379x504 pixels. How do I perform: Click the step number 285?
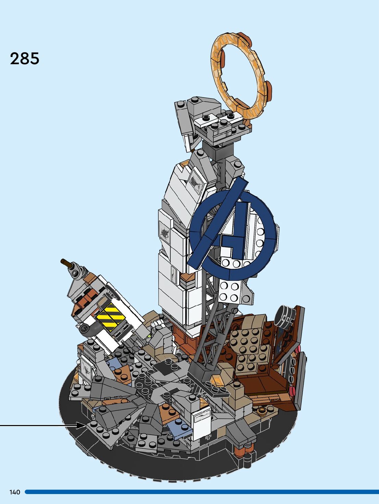point(25,59)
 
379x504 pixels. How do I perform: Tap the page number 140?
point(15,492)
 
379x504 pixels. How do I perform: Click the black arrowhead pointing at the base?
point(81,425)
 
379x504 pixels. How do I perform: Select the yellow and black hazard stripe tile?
point(111,317)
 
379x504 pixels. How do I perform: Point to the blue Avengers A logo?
point(233,230)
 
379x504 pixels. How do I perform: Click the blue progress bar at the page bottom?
point(201,492)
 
